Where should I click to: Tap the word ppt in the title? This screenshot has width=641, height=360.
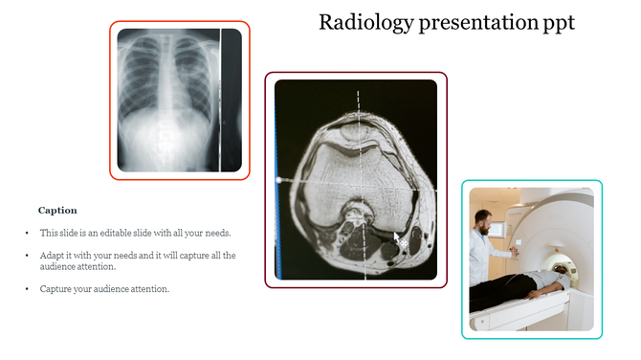557,23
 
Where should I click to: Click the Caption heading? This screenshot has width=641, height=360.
57,210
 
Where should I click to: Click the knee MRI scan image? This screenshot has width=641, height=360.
356,179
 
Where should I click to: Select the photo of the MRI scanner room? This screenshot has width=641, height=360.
531,259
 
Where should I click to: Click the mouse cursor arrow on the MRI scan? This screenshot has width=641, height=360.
397,238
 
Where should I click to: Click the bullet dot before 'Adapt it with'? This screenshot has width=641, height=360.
27,257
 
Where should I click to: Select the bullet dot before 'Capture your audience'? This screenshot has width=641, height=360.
27,289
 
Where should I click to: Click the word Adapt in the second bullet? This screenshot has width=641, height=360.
51,256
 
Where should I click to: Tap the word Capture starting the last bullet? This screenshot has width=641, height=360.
55,289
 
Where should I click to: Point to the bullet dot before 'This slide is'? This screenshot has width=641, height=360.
27,234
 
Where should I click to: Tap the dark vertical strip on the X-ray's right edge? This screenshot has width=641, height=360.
231,101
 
